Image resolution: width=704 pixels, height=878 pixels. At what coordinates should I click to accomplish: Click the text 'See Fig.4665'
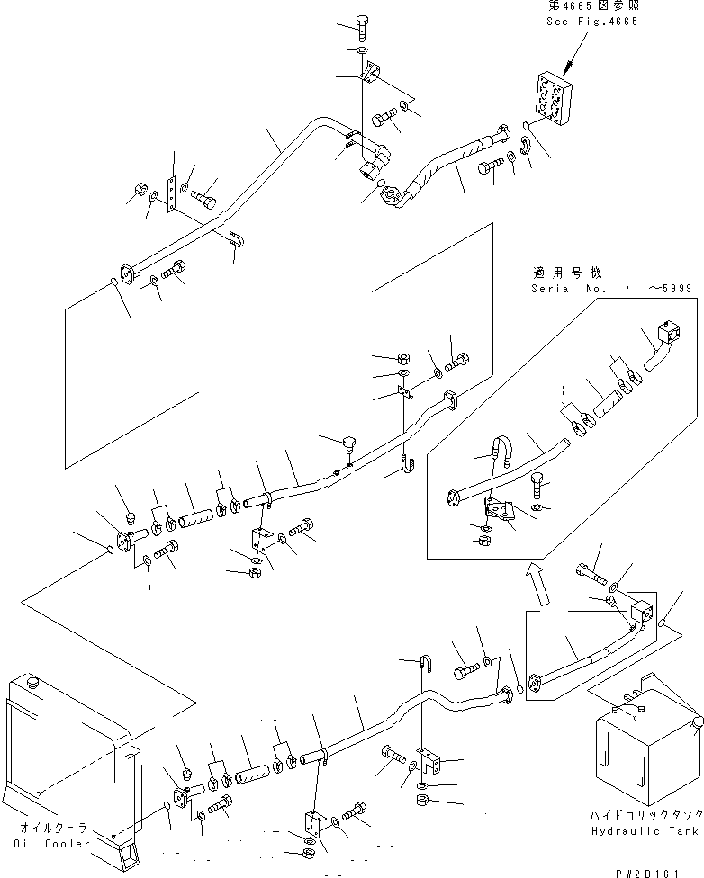coord(591,22)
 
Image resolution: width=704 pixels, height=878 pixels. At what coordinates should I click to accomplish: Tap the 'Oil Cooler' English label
coord(52,843)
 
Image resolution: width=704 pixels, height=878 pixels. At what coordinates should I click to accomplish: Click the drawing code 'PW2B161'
coord(646,873)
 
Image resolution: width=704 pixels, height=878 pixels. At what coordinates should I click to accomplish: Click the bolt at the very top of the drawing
coord(362,27)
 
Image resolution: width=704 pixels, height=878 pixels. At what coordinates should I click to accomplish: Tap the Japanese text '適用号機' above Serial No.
coord(566,273)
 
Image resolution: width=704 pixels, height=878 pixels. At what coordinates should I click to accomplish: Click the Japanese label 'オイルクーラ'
coord(54,828)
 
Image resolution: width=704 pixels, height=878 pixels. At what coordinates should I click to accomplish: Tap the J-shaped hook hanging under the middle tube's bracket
coord(409,463)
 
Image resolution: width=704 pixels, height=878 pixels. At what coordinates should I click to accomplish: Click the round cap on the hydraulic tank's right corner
coord(699,723)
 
